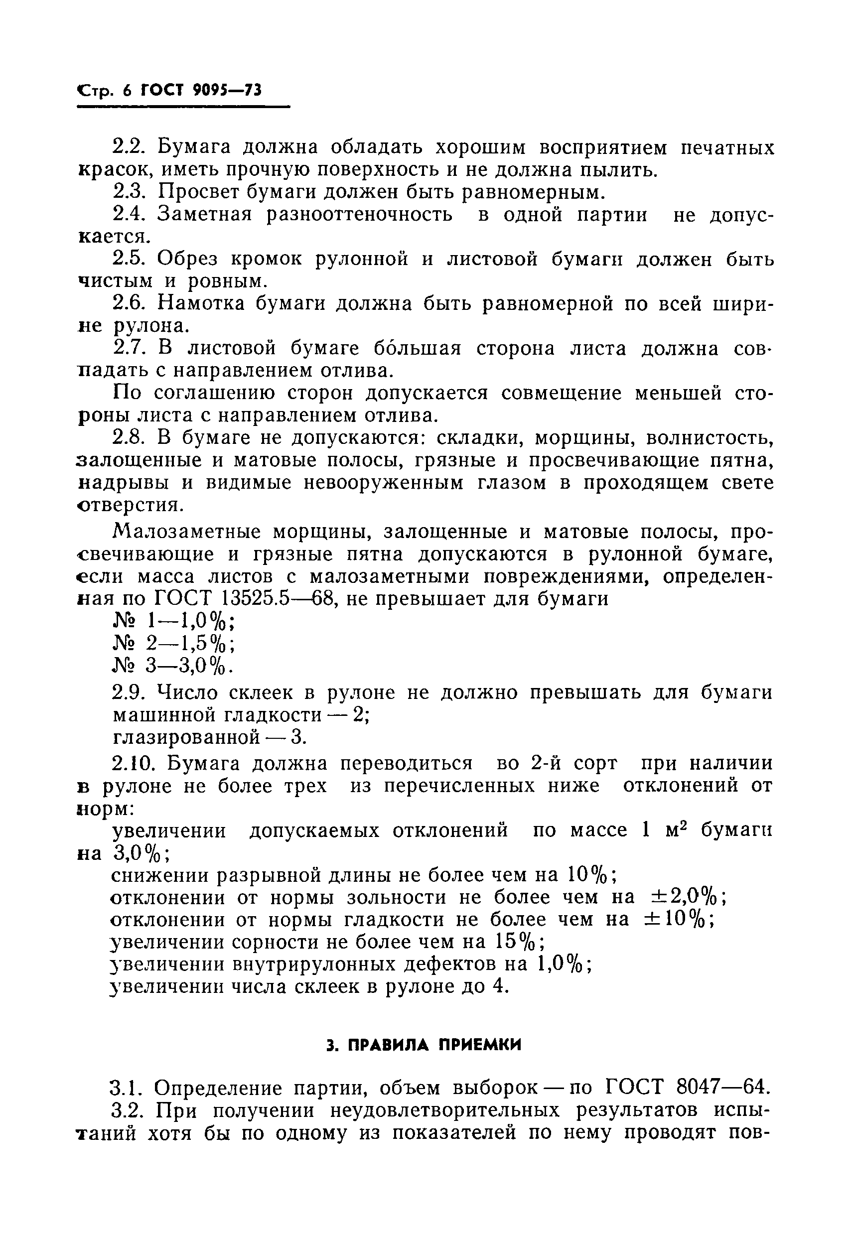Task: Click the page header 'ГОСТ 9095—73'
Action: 201,91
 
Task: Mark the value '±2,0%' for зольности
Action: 686,897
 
